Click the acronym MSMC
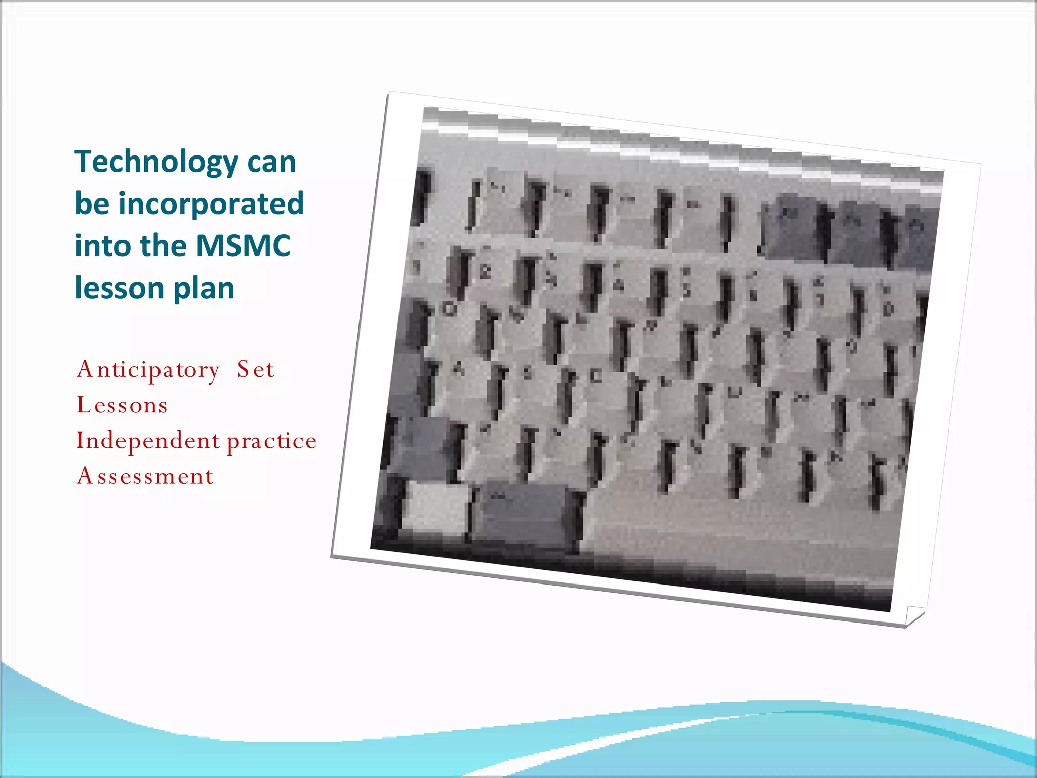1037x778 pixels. tap(243, 246)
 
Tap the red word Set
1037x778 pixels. tap(256, 370)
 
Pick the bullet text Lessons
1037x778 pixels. tap(122, 406)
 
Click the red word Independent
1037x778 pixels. tap(148, 441)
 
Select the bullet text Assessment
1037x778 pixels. tap(145, 477)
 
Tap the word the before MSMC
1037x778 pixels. tap(163, 246)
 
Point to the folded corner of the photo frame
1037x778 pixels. tap(914, 615)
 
